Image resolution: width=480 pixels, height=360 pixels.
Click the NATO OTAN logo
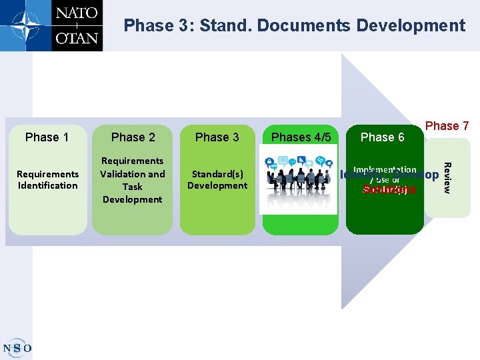52,25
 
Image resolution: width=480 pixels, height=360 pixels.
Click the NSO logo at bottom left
17,347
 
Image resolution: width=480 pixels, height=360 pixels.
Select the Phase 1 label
47,137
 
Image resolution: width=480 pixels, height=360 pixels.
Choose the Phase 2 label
133,137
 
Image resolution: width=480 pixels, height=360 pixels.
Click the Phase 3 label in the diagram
217,137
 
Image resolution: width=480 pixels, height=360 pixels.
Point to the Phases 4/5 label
301,137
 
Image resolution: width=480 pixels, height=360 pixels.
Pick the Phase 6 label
382,137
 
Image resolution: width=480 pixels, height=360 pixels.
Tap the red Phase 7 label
447,126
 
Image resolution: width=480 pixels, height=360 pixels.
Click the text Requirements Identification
47,179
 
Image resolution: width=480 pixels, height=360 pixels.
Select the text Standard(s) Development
217,179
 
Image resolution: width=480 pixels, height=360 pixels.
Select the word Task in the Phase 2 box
132,187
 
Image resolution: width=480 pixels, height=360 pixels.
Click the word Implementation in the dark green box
385,170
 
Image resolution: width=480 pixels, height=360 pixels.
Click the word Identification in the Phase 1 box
47,185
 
